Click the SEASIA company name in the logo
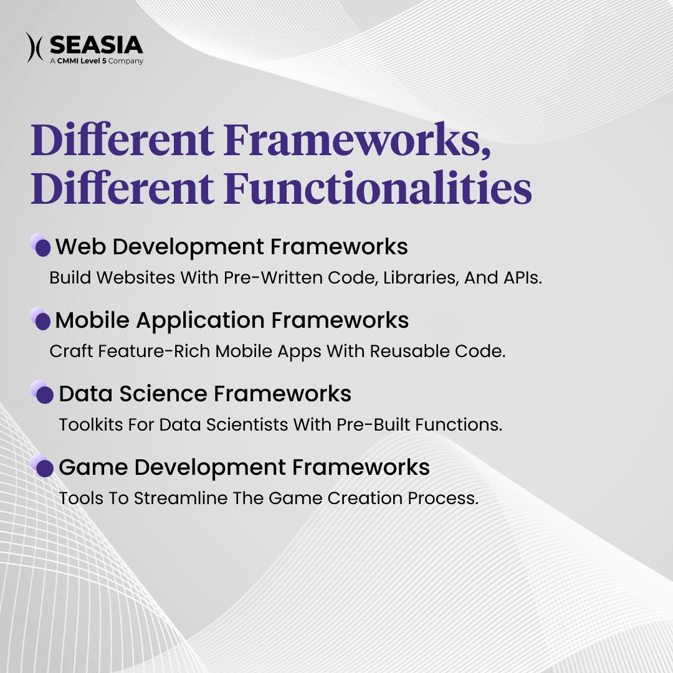tap(96, 45)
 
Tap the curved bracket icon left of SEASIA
tap(34, 47)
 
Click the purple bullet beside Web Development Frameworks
tap(42, 247)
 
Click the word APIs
tap(522, 278)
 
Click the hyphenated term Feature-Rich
tap(130, 351)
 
